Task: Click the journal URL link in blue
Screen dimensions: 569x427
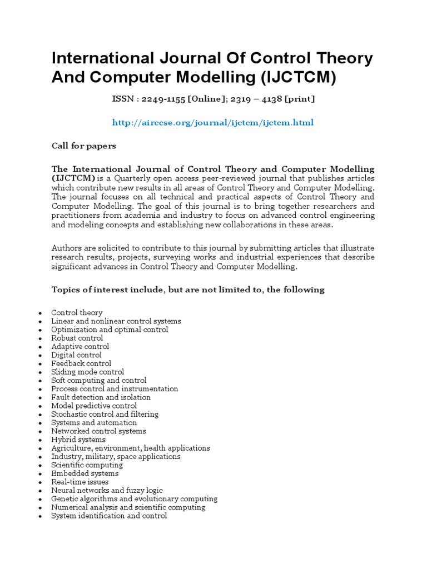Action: pos(213,122)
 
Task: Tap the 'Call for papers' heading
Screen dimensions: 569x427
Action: pos(84,146)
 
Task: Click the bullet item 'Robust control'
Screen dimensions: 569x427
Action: pos(77,338)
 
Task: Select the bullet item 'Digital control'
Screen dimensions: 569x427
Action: pos(76,355)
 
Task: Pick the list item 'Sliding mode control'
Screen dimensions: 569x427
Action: pos(87,372)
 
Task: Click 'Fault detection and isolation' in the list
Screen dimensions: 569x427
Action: pos(101,397)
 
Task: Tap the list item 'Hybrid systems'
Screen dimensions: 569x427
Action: pos(78,440)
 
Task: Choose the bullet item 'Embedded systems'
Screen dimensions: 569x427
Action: pos(85,473)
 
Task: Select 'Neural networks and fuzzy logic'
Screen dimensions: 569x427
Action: pos(107,490)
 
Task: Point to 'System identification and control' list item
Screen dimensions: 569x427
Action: pos(109,516)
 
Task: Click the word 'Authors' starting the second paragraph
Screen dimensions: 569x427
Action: pos(66,247)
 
